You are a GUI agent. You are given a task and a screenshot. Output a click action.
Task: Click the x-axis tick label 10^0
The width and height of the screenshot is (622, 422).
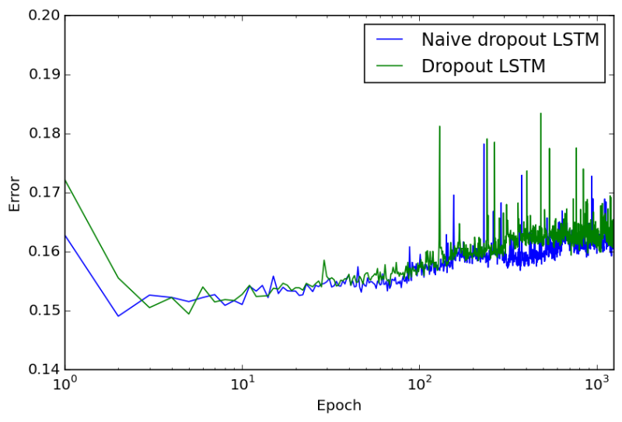tap(65, 383)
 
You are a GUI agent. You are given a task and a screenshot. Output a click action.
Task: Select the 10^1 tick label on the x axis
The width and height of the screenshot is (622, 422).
tap(242, 383)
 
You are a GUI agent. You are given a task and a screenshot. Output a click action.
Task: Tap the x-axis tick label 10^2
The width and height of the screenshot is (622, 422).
tap(419, 383)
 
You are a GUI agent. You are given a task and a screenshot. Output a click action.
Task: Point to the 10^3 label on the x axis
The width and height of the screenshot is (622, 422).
tap(596, 383)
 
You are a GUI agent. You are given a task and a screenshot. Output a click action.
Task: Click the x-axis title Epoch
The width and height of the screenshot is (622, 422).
tap(339, 406)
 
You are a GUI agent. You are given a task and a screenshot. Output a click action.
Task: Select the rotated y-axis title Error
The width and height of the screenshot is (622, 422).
tap(15, 193)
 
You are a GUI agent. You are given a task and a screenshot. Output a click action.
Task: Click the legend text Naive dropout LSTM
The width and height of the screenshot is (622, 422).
tap(510, 40)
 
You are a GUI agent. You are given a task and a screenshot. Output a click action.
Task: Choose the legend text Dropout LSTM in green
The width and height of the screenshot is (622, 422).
tap(483, 66)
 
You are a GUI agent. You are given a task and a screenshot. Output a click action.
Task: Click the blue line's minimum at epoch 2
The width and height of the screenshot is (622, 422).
tap(118, 316)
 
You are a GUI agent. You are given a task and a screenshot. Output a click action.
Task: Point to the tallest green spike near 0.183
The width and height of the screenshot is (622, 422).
tap(540, 113)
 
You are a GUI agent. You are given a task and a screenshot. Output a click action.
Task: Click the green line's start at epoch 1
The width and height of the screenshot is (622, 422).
tap(65, 180)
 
